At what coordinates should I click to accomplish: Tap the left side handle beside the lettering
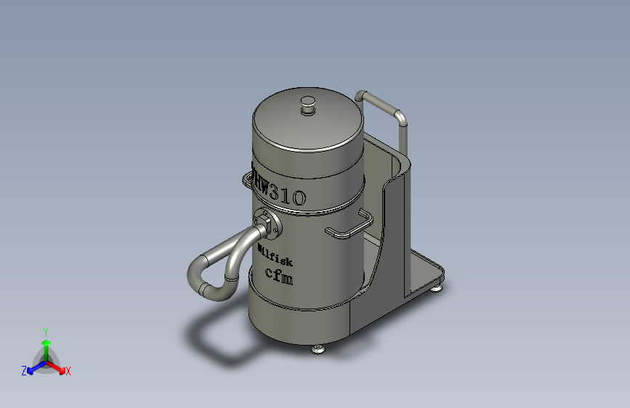pyautogui.click(x=243, y=178)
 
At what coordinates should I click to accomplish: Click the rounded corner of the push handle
pyautogui.click(x=397, y=114)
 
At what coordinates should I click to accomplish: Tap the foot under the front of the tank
pyautogui.click(x=318, y=350)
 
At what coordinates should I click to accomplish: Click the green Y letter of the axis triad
pyautogui.click(x=45, y=330)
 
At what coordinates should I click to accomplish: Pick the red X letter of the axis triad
pyautogui.click(x=68, y=371)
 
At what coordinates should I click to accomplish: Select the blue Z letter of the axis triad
pyautogui.click(x=24, y=370)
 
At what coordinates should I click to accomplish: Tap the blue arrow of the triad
pyautogui.click(x=33, y=367)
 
